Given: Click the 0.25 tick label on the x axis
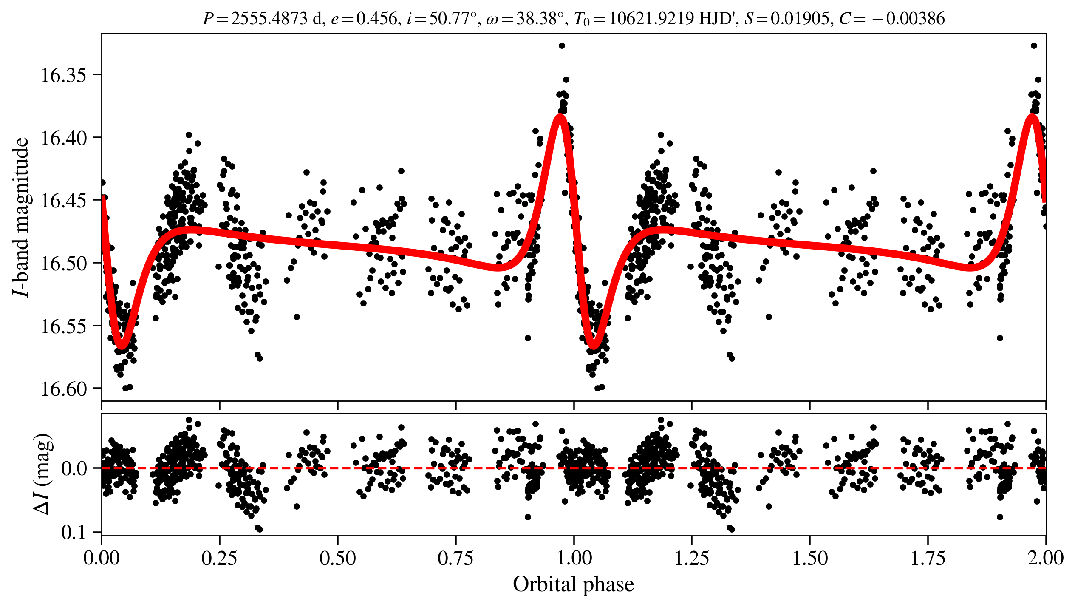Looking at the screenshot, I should click(219, 558).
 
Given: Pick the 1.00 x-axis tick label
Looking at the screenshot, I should click(574, 558).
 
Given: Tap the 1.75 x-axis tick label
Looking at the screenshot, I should click(928, 558).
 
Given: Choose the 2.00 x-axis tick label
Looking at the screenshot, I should click(1045, 558).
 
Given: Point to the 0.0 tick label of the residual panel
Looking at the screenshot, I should click(74, 468).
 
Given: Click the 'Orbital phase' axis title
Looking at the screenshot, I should click(573, 584).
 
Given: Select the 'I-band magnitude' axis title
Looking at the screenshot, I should click(21, 217).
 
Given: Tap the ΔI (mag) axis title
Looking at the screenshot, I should click(44, 474).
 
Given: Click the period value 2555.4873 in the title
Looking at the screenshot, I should click(269, 19).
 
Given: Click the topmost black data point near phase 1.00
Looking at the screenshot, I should click(562, 45).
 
